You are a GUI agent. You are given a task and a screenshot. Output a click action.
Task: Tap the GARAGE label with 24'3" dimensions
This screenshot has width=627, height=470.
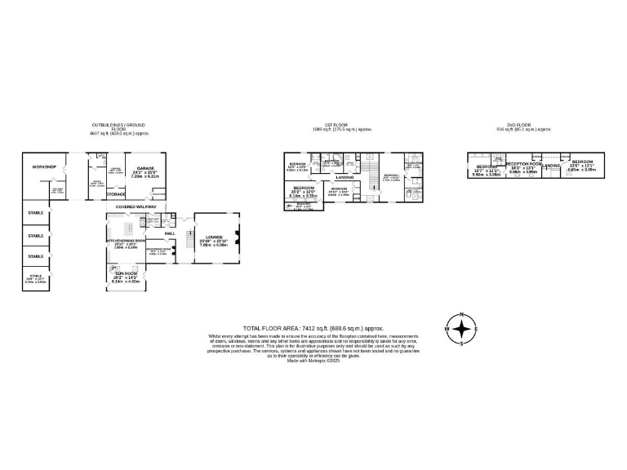(145, 167)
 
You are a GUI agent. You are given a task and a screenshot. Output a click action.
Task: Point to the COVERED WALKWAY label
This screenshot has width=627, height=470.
(136, 207)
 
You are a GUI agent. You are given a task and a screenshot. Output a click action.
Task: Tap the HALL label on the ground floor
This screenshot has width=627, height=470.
(170, 233)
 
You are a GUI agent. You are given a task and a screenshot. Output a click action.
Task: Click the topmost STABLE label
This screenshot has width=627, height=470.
(36, 213)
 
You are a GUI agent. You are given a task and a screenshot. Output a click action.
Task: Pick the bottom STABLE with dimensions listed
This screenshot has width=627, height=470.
(36, 276)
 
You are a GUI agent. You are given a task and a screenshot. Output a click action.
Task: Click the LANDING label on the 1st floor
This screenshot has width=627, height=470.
(345, 177)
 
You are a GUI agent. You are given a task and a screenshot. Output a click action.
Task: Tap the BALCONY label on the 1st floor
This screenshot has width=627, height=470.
(301, 205)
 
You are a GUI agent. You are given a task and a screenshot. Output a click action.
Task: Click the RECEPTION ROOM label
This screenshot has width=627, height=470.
(523, 164)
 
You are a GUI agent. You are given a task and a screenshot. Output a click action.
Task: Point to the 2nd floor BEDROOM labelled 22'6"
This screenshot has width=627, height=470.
(582, 162)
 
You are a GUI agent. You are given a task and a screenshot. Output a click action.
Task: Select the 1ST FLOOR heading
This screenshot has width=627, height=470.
(343, 126)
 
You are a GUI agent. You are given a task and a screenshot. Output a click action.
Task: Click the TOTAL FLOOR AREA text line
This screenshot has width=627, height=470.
(314, 328)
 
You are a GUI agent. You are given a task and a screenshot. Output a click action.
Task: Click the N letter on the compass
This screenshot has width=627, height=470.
(462, 315)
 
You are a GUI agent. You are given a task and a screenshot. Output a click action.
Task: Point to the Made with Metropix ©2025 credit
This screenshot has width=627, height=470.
(313, 361)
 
